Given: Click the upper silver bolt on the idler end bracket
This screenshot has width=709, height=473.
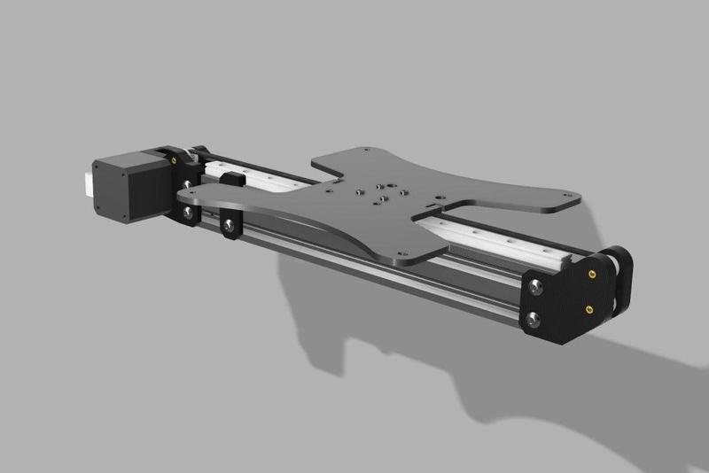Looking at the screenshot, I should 535,285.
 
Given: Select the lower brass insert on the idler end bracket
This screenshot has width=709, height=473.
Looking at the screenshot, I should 589,309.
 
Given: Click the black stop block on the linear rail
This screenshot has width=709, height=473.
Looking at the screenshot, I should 233,181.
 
